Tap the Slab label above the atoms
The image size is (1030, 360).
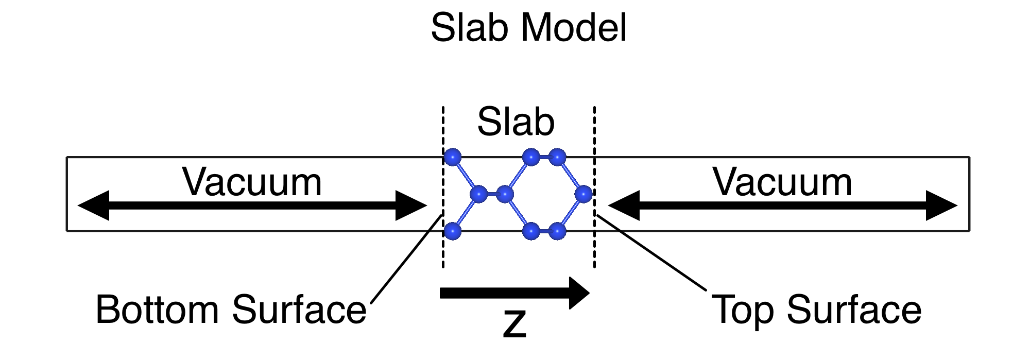pos(516,122)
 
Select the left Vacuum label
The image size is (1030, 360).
pos(252,182)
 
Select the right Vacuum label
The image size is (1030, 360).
pos(782,182)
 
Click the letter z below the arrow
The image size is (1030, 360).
pos(514,324)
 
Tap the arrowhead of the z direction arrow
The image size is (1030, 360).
pos(579,293)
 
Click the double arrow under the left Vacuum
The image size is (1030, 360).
pos(252,205)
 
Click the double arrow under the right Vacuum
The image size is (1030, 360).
pos(782,205)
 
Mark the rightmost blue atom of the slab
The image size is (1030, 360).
pos(583,194)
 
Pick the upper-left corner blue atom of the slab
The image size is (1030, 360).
pos(453,157)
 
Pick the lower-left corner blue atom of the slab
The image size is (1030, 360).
pos(453,231)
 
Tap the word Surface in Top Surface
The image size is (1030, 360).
pos(853,310)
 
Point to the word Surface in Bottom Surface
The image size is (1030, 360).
pos(299,310)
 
